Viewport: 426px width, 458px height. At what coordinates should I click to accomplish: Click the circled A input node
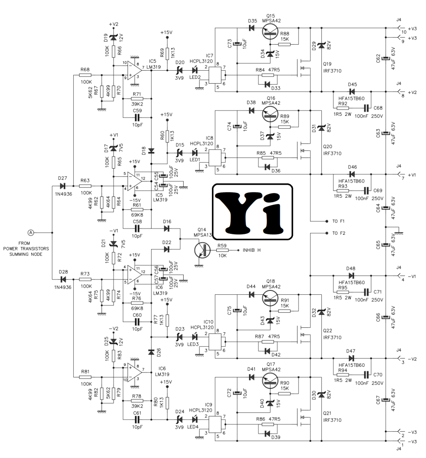point(31,233)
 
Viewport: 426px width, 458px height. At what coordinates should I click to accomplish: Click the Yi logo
point(253,212)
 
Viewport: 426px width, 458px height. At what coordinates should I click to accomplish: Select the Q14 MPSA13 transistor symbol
point(202,250)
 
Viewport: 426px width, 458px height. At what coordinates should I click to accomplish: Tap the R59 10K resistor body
point(223,250)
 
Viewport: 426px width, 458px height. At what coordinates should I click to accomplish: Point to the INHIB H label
point(251,250)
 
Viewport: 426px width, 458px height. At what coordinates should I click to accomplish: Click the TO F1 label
point(338,221)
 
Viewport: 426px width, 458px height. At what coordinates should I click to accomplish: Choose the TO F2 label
point(339,233)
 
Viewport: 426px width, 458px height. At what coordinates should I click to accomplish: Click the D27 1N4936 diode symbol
point(62,186)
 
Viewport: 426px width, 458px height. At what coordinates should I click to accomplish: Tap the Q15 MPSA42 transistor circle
point(270,32)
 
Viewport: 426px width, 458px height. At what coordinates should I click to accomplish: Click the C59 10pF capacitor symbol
point(137,118)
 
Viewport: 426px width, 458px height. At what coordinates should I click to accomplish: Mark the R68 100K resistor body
point(85,75)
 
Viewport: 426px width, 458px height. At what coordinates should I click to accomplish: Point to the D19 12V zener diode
point(114,38)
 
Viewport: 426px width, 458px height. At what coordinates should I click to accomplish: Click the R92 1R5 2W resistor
point(342,108)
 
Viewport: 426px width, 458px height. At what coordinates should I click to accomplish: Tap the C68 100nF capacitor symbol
point(366,108)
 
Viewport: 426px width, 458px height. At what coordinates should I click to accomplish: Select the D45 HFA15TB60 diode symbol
point(352,92)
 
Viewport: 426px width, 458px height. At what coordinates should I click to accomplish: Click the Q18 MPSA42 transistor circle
point(270,298)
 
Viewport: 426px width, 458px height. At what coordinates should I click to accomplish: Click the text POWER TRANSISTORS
point(26,249)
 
